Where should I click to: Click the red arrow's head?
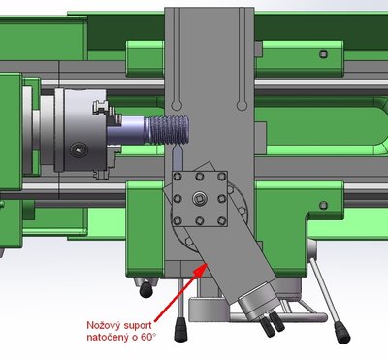point(201,269)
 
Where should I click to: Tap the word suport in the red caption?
point(138,325)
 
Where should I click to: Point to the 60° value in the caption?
point(148,337)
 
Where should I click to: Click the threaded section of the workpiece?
point(168,130)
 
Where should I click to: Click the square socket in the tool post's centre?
point(198,199)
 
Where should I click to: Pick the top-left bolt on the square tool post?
point(177,177)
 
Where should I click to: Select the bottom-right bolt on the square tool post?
point(221,221)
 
